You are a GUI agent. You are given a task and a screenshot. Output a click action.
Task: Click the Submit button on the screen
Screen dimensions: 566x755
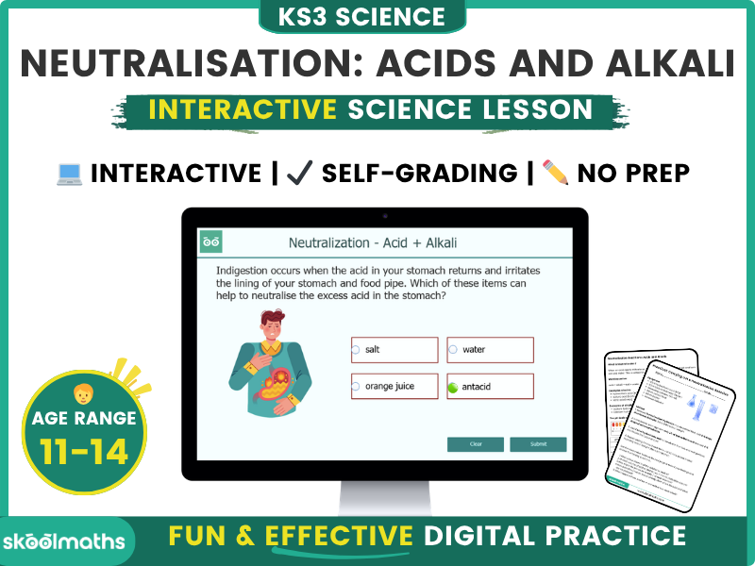pos(538,444)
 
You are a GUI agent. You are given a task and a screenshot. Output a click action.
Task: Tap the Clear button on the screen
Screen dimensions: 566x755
pos(476,444)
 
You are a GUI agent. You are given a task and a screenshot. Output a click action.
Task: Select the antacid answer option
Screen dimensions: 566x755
pos(491,387)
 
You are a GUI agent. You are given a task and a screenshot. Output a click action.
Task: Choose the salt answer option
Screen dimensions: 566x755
pos(394,350)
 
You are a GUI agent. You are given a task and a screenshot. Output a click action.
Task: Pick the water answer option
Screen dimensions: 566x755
pos(491,350)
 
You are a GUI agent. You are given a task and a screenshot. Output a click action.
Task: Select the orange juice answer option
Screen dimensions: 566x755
pos(394,387)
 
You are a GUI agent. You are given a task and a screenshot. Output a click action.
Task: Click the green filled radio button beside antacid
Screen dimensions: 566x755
pos(453,387)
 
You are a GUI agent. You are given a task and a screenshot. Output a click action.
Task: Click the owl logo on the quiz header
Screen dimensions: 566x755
pos(211,242)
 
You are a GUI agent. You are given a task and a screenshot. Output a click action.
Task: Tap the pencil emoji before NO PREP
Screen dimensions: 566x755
pos(556,174)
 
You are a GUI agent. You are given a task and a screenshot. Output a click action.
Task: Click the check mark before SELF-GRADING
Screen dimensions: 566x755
pos(300,174)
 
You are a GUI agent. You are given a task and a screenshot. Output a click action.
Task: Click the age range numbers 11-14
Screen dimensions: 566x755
pos(84,452)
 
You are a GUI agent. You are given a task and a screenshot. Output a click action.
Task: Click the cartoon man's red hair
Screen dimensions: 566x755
pos(274,319)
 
